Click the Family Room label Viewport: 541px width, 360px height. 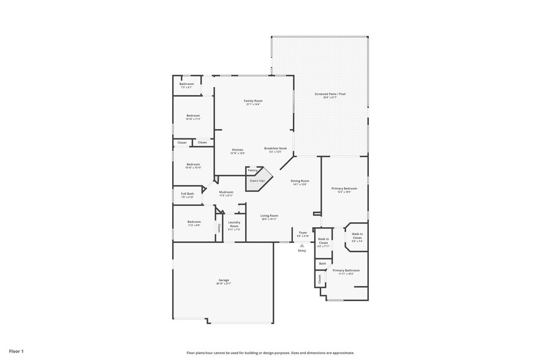pos(253,100)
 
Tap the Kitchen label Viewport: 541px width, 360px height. pos(237,150)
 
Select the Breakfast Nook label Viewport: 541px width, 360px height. pos(273,148)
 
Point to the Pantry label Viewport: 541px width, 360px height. pos(252,170)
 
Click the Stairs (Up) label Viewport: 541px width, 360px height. pos(257,181)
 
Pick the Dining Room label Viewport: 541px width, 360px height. pos(300,181)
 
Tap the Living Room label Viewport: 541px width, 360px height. pos(270,216)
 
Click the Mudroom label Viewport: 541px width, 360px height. pos(227,192)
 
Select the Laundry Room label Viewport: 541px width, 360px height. pos(233,225)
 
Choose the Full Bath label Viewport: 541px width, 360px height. pos(187,194)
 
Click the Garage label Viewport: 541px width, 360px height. pos(223,280)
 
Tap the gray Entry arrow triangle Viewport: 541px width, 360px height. pos(301,245)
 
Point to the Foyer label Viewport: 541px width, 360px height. pos(303,233)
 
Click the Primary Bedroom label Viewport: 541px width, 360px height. pos(344,189)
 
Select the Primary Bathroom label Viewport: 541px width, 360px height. pos(346,270)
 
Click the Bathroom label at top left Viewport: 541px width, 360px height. pos(186,84)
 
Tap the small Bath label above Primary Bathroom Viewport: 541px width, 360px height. pos(322,263)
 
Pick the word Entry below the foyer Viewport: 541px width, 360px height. pos(301,250)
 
